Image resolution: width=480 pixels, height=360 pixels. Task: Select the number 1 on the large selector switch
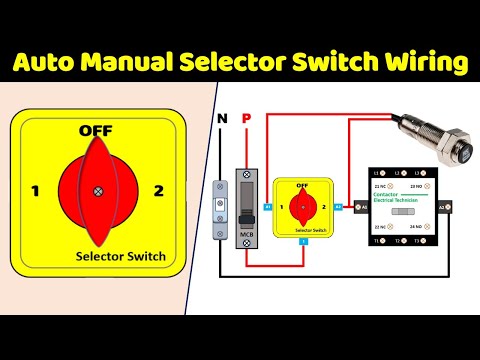(35, 189)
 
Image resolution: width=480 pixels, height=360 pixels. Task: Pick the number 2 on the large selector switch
(158, 189)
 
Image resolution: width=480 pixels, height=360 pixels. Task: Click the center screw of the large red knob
(97, 190)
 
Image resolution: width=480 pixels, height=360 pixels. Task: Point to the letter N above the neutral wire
(221, 120)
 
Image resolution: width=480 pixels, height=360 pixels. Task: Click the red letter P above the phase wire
(246, 120)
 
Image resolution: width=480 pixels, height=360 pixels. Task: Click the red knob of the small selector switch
(302, 208)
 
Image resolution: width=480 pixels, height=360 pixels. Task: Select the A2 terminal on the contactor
(442, 207)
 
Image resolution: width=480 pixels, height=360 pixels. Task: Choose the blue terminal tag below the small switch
(302, 241)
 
